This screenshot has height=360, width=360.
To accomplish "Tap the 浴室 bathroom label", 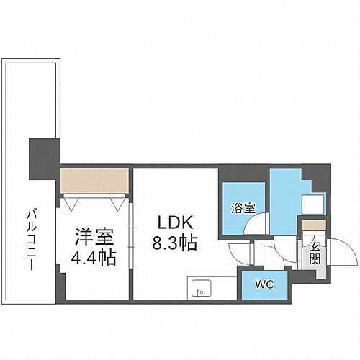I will (243, 209).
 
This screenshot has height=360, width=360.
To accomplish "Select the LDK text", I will (173, 223).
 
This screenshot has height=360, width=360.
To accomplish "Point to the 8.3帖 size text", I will (174, 243).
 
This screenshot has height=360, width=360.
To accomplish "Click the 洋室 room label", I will (92, 235).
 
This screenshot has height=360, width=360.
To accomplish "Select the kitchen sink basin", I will (201, 292).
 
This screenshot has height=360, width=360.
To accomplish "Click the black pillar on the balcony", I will (42, 159).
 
